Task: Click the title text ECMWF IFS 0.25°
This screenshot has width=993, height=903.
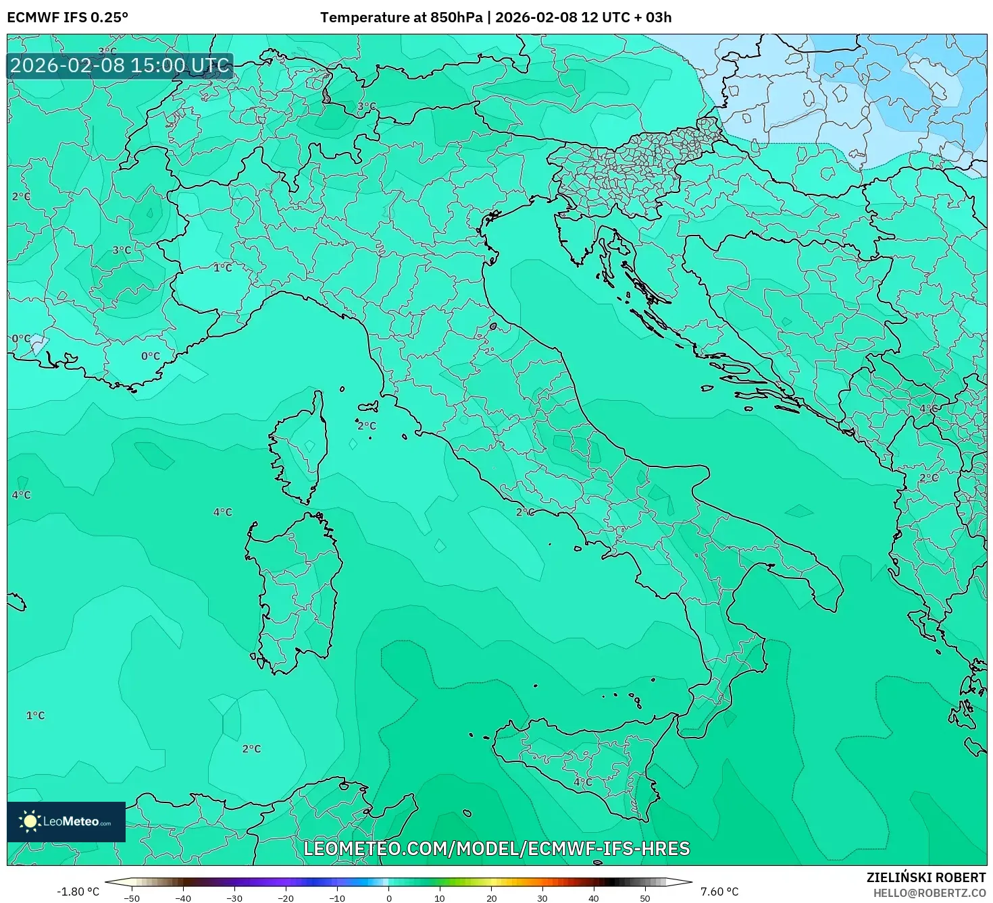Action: [x=68, y=18]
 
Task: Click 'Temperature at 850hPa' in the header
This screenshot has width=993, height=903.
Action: [x=402, y=18]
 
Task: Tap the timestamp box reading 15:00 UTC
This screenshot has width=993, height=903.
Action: [x=120, y=66]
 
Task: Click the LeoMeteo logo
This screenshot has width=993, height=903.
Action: [x=66, y=821]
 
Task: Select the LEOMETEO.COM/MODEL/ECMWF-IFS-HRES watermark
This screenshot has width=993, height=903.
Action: [x=496, y=848]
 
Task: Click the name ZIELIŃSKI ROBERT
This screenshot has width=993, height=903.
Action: [x=925, y=877]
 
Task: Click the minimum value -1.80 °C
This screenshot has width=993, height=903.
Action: [x=78, y=892]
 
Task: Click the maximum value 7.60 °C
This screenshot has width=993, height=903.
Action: [x=719, y=892]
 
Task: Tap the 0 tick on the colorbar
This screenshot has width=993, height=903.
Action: [x=388, y=897]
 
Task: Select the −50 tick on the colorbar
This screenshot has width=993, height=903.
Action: [x=132, y=897]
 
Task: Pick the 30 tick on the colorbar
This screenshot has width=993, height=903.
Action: [x=542, y=897]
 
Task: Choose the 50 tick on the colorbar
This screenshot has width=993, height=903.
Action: [x=645, y=897]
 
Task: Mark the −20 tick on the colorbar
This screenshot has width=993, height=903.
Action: [x=286, y=897]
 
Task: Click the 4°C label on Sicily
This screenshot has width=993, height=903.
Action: [x=582, y=782]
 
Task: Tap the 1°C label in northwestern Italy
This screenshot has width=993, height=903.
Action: [x=222, y=268]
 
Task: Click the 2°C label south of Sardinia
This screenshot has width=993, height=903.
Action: [x=251, y=748]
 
